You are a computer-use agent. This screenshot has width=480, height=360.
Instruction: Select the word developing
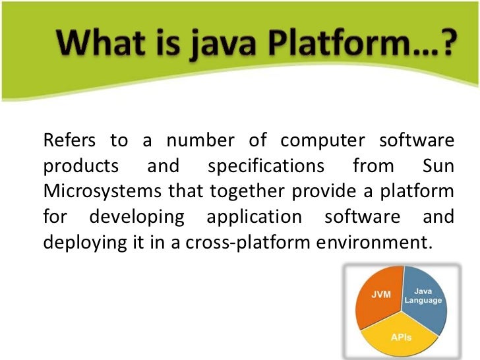point(138,217)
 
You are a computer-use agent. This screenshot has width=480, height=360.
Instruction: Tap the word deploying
point(81,243)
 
